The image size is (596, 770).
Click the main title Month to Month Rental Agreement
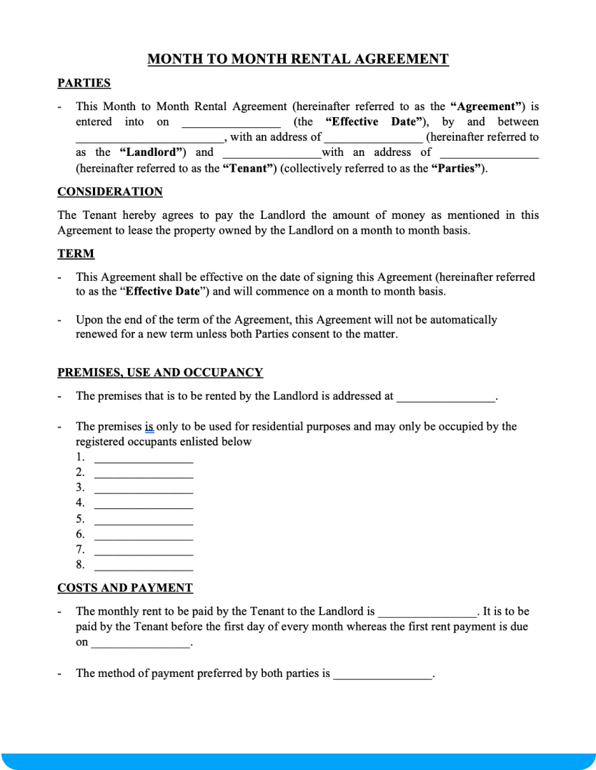(x=298, y=59)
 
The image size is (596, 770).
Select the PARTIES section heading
(x=84, y=83)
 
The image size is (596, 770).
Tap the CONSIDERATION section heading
(x=109, y=192)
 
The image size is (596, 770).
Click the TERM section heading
(x=76, y=254)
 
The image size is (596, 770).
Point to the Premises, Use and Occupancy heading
(x=160, y=372)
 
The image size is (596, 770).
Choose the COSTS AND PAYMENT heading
(x=124, y=588)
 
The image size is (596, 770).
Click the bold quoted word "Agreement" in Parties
(x=488, y=107)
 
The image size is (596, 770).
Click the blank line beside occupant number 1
(x=144, y=459)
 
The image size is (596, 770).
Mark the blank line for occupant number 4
(x=144, y=505)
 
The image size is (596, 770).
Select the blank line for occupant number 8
(x=144, y=567)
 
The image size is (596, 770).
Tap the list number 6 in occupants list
(x=80, y=534)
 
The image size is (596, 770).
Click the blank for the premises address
(x=445, y=398)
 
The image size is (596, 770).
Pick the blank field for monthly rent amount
(x=427, y=613)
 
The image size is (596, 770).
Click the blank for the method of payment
(x=382, y=675)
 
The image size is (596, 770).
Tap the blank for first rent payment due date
(x=141, y=644)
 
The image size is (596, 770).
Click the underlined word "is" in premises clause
(x=149, y=427)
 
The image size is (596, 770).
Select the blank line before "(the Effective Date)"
(x=231, y=124)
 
